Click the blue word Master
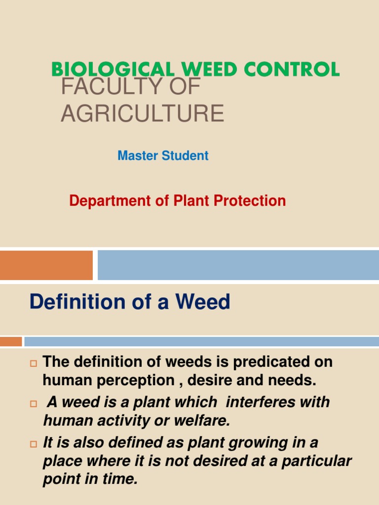point(136,156)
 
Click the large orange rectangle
point(46,265)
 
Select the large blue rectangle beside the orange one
point(238,265)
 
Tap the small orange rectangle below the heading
point(11,341)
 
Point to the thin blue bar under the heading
point(201,341)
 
